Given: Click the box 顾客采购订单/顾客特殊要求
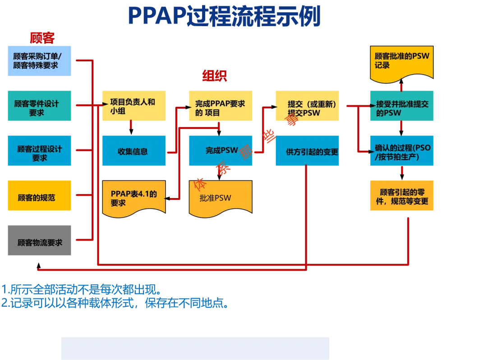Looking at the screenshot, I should (40, 61).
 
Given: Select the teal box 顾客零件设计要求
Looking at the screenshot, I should (40, 106).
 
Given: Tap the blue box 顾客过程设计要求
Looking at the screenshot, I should (40, 150).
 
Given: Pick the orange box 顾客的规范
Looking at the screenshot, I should (40, 196).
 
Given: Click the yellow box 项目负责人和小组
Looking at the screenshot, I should (133, 106).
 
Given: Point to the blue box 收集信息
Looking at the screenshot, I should (133, 150).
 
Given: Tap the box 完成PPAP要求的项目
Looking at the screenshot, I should (220, 106).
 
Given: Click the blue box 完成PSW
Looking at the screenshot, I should (220, 150).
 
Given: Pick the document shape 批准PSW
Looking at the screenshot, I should (220, 197).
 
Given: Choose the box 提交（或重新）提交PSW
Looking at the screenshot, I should (307, 106).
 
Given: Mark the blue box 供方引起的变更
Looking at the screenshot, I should (307, 150).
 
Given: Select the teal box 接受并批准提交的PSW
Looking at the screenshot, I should (401, 106).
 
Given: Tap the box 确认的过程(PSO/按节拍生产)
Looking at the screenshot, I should (401, 150).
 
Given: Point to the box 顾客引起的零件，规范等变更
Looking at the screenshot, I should (401, 195).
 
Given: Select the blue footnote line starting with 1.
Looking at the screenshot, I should (81, 289).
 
